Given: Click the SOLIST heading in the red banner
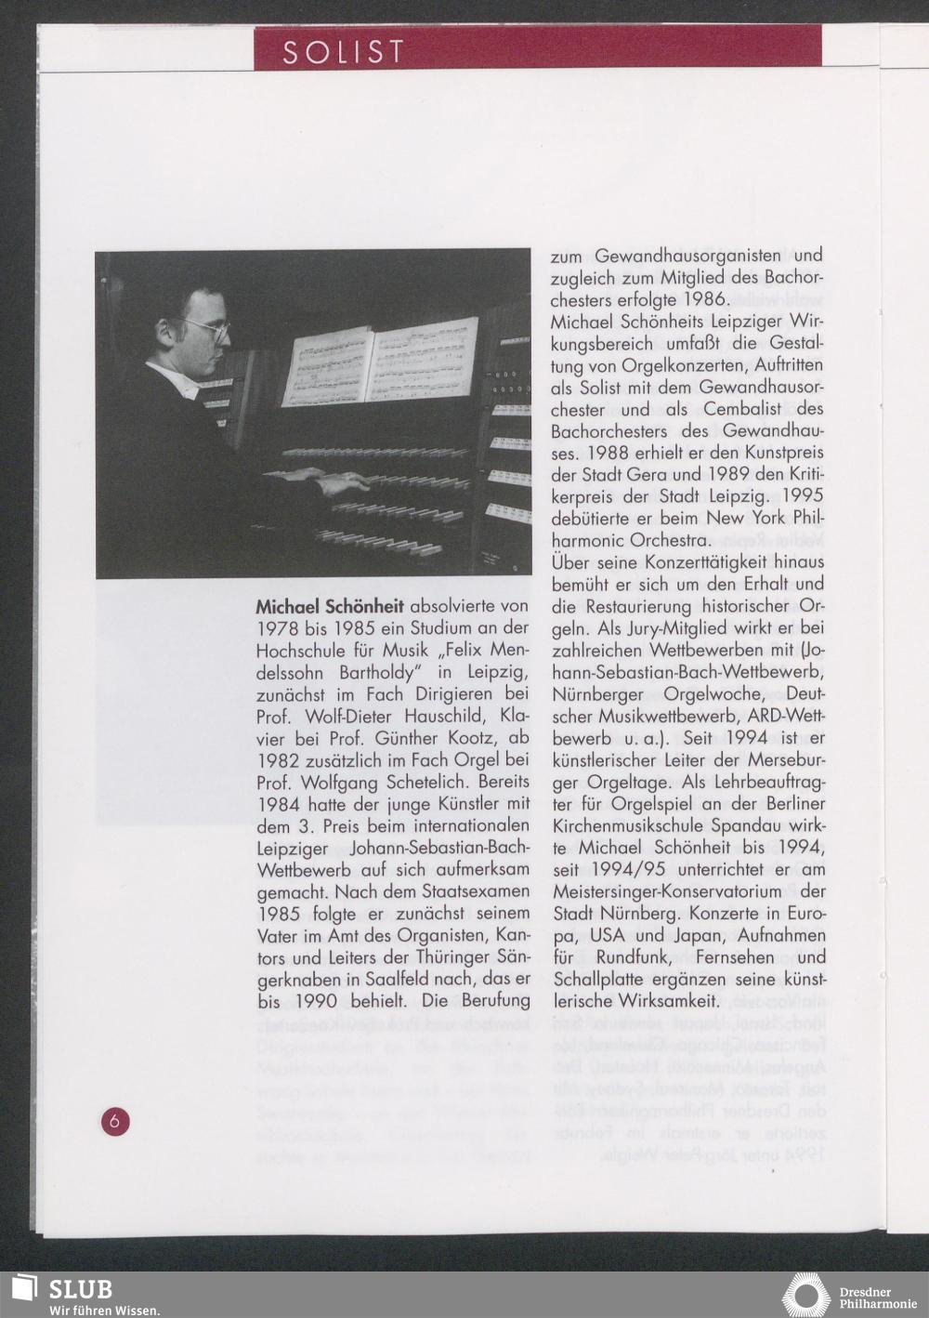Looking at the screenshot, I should coord(344,52).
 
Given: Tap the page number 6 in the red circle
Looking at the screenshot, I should coord(115,1121).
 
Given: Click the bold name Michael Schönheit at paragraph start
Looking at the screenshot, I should coord(330,606).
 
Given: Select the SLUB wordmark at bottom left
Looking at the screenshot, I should coord(80,1289).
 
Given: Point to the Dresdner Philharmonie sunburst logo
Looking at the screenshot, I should coord(805,1295).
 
